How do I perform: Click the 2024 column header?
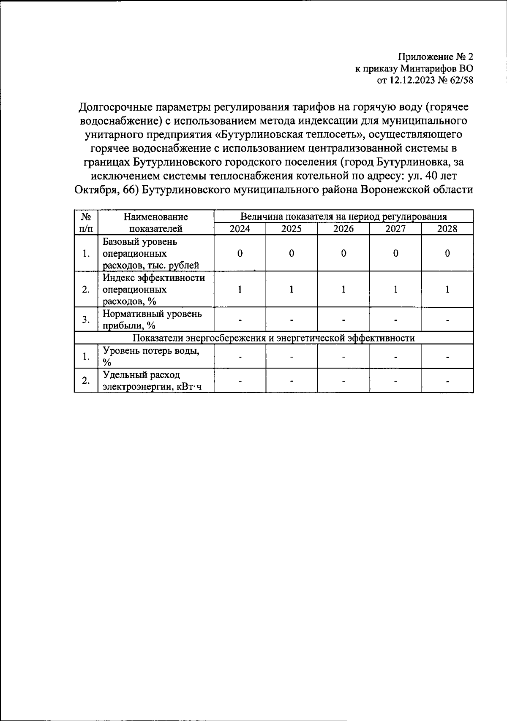point(240,229)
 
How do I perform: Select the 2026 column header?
point(343,229)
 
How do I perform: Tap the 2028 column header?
point(447,229)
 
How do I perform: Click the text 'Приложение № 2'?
point(436,57)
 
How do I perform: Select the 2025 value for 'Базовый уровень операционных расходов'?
point(292,253)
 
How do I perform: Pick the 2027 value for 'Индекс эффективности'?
point(395,290)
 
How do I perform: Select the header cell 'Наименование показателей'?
point(155,223)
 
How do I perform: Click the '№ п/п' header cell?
point(86,223)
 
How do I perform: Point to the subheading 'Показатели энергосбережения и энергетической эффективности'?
point(273,338)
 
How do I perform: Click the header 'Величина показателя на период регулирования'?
point(343,217)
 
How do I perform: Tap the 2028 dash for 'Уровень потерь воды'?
point(447,357)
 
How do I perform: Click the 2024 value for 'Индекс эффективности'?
point(240,290)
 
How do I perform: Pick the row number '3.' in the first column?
point(86,320)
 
